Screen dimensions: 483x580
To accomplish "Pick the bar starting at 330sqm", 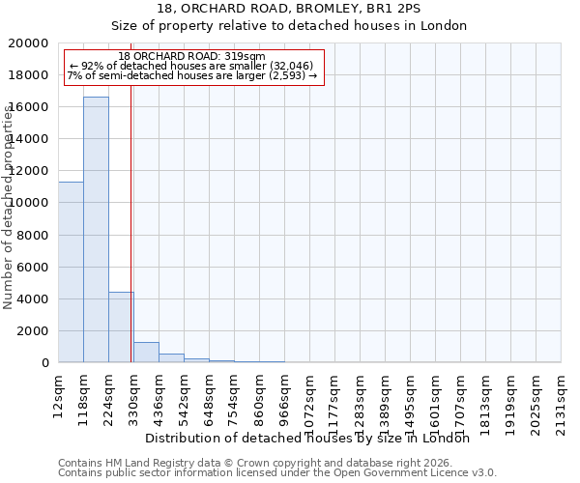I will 146,353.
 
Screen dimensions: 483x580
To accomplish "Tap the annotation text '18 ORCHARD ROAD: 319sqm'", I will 191,57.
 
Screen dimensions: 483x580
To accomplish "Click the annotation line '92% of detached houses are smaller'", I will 191,66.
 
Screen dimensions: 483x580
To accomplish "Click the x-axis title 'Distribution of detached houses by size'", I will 313,438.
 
